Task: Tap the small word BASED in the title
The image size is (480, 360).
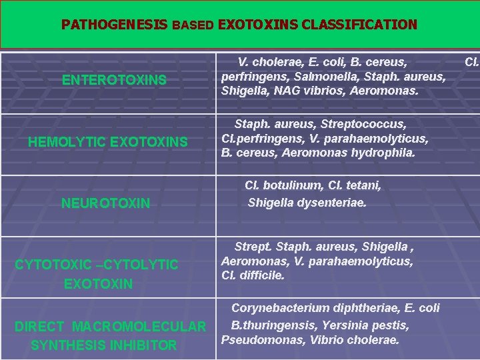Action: click(193, 26)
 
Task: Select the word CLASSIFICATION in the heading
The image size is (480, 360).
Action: click(359, 25)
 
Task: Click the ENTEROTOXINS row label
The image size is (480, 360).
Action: click(114, 80)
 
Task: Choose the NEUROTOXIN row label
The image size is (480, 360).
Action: click(105, 203)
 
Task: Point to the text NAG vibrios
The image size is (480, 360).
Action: click(293, 90)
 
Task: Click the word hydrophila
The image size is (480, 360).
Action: click(383, 153)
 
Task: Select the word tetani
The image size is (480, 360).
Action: click(364, 186)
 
